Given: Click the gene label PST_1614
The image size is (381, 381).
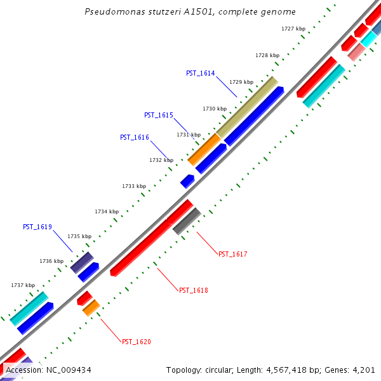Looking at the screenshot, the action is tap(200, 73).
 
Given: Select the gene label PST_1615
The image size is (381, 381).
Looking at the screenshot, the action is tap(158, 115).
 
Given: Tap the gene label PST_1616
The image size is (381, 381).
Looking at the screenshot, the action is tap(134, 137).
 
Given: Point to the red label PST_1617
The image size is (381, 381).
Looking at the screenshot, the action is tap(232, 254).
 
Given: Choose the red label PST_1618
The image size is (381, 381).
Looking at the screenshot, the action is tap(193, 290).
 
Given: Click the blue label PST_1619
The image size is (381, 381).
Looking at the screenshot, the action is tap(37, 227).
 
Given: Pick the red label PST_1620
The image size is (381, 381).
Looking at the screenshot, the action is tap(136, 342).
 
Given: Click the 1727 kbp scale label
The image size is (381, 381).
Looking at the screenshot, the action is tap(293, 29).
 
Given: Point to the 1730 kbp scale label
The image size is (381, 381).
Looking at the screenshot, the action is tap(215, 109).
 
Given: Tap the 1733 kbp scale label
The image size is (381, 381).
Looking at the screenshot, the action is tap(134, 186).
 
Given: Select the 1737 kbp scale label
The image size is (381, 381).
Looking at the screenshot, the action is tap(23, 285).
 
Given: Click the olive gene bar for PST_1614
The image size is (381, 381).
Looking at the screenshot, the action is tap(246, 107).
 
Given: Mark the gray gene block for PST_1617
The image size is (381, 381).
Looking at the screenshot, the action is tap(187, 221).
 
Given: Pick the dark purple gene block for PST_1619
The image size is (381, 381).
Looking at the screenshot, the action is tap(82, 262).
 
